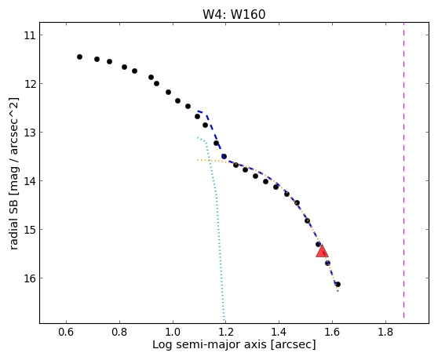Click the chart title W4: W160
pyautogui.click(x=234, y=15)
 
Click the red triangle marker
pyautogui.click(x=322, y=251)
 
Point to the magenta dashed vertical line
pyautogui.click(x=404, y=170)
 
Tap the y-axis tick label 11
pyautogui.click(x=30, y=35)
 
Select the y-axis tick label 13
pyautogui.click(x=30, y=133)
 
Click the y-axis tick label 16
pyautogui.click(x=30, y=278)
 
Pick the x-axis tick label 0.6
pyautogui.click(x=66, y=332)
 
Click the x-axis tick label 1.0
pyautogui.click(x=173, y=332)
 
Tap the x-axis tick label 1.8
pyautogui.click(x=385, y=332)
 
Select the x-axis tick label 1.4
pyautogui.click(x=279, y=332)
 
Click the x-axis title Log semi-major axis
pyautogui.click(x=210, y=345)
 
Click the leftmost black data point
pyautogui.click(x=79, y=57)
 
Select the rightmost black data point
pyautogui.click(x=338, y=285)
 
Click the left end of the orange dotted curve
pyautogui.click(x=198, y=160)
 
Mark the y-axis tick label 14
pyautogui.click(x=30, y=181)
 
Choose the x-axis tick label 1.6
pyautogui.click(x=332, y=332)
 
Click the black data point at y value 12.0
pyautogui.click(x=156, y=83)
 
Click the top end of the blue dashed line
pyautogui.click(x=198, y=111)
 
